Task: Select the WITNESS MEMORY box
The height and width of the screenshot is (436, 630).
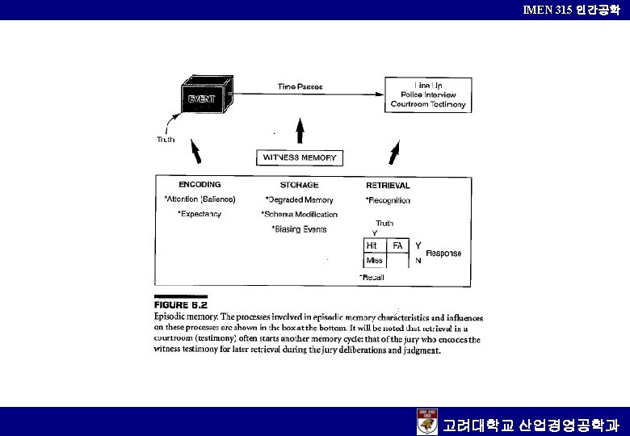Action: (x=300, y=157)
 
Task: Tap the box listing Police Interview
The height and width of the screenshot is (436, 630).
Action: (x=427, y=94)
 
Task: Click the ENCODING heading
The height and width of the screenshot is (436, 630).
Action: (x=199, y=185)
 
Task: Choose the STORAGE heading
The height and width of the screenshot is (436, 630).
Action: (x=299, y=185)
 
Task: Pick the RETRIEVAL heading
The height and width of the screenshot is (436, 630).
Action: (x=388, y=185)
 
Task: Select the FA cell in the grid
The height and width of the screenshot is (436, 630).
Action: (x=398, y=245)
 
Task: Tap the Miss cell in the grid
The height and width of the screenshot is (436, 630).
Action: (x=375, y=261)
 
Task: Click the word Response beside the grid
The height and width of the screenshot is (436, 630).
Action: (x=443, y=254)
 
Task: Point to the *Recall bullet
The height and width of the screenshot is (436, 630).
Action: (x=372, y=278)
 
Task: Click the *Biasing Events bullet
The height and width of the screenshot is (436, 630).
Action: (x=299, y=229)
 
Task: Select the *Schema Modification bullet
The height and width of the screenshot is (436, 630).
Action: (x=300, y=215)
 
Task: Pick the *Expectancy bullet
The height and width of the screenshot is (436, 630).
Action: (x=199, y=214)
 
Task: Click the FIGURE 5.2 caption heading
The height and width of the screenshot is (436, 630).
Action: (x=181, y=306)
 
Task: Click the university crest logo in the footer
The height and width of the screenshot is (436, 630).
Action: (x=427, y=421)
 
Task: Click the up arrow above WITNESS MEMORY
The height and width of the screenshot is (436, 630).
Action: (x=300, y=133)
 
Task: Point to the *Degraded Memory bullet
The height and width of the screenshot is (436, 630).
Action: (x=299, y=200)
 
